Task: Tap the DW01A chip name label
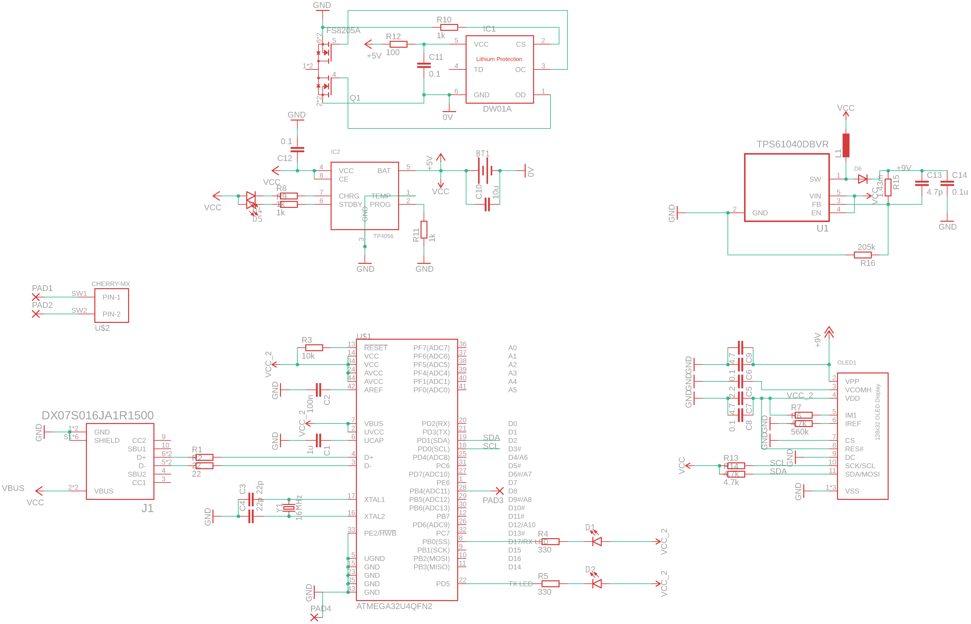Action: pos(497,109)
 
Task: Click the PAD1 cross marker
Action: pos(36,297)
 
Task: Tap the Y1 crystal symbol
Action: pos(289,508)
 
